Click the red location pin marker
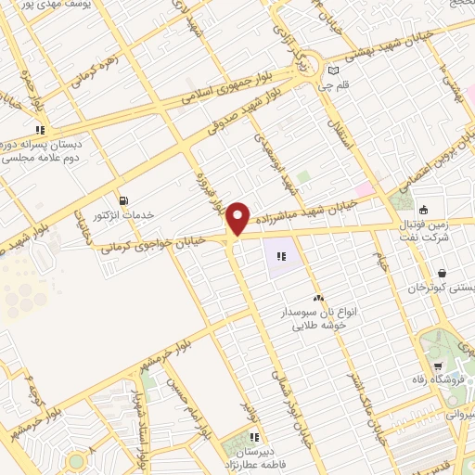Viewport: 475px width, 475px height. pos(238,218)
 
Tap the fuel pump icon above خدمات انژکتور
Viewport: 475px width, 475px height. pos(124,200)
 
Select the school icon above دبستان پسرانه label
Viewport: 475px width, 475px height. pos(40,130)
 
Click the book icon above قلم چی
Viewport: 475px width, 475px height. pos(333,71)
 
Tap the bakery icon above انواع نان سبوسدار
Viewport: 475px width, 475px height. pos(318,298)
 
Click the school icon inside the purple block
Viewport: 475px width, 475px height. pos(281,257)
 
